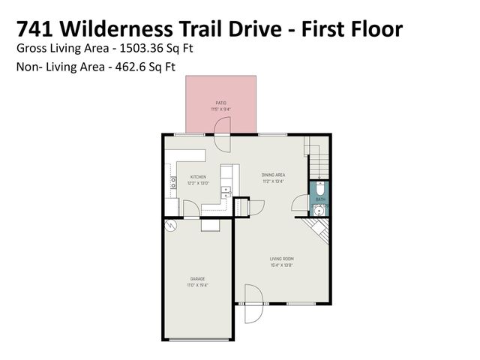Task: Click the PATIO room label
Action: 220,103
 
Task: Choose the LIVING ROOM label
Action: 281,259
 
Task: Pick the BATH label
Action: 319,199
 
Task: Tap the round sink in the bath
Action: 319,210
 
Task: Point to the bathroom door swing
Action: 300,202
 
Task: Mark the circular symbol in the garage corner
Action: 171,225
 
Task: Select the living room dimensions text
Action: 281,265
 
